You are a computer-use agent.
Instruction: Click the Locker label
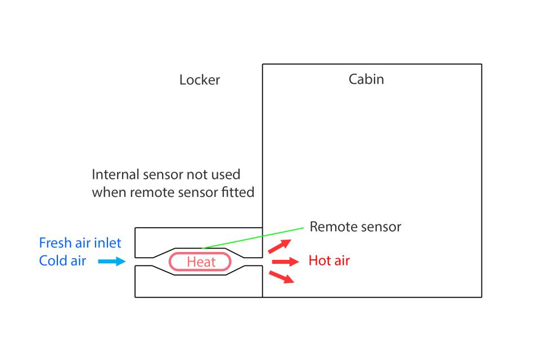pos(200,80)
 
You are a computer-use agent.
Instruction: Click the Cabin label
pos(366,79)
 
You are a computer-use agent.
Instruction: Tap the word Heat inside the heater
pos(201,262)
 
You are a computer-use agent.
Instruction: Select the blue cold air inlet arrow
pos(111,261)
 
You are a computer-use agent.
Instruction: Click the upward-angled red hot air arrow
pos(280,246)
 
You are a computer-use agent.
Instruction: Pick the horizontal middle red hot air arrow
pos(285,262)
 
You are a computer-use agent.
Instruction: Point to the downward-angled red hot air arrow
pos(281,277)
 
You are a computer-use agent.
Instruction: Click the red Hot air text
pos(329,261)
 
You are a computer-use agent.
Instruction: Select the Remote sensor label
pos(355,227)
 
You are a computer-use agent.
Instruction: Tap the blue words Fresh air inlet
pos(80,243)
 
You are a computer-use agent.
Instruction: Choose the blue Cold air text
pos(62,261)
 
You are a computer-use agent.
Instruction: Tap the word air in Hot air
pos(340,261)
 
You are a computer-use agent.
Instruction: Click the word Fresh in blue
pos(55,243)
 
